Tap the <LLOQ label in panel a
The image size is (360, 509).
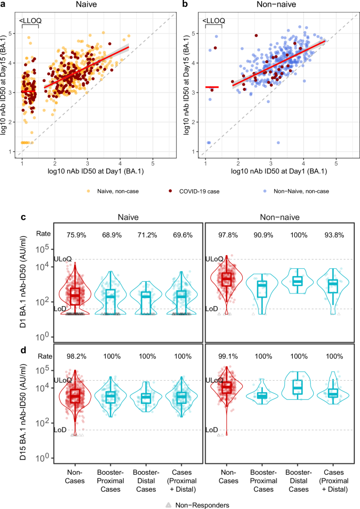[30, 21]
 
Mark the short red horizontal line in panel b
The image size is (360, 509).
[212, 87]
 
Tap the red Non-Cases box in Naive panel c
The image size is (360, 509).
[75, 296]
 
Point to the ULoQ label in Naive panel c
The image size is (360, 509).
[62, 260]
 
